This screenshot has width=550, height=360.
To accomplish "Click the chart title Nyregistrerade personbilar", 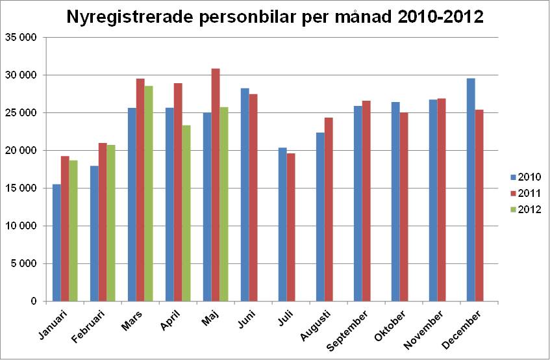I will (x=275, y=17).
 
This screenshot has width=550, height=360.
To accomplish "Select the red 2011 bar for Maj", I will (x=216, y=185).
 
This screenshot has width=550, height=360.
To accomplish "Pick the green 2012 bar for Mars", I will (x=149, y=194).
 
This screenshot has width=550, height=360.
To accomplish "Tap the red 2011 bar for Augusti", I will (x=329, y=209).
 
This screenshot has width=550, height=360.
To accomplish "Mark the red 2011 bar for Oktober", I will (x=404, y=207).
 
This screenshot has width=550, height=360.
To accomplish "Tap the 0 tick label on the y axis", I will (x=32, y=302).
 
